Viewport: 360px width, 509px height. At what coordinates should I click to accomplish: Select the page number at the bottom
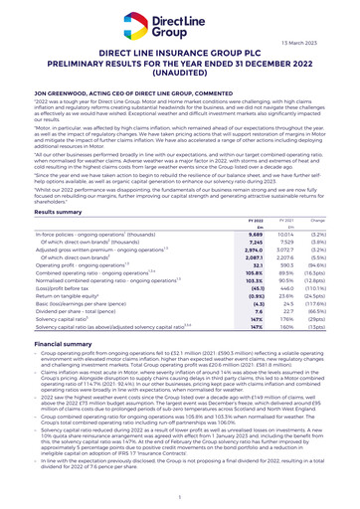[x=179, y=495]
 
